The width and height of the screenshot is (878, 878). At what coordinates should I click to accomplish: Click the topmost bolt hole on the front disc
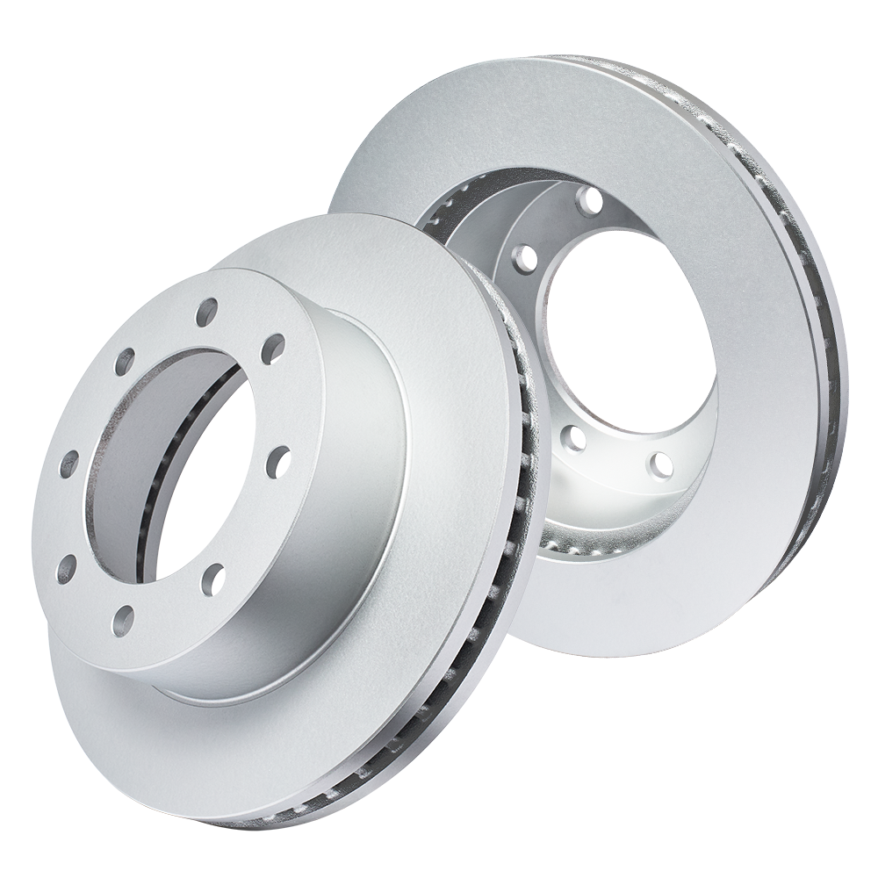tap(207, 311)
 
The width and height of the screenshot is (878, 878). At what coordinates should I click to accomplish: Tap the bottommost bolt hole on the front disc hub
tap(123, 621)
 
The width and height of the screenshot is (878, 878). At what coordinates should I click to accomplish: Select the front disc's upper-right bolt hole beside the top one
tap(272, 348)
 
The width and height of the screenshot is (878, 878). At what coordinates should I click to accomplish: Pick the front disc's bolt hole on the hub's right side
tap(278, 457)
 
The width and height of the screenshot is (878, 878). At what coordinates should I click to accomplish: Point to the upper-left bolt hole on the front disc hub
tap(125, 360)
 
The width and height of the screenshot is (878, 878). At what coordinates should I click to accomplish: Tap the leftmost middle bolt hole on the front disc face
tap(68, 465)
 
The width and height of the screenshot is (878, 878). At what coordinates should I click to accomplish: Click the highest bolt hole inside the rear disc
tap(590, 201)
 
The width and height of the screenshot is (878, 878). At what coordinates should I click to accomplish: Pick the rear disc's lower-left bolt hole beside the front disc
tap(574, 436)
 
